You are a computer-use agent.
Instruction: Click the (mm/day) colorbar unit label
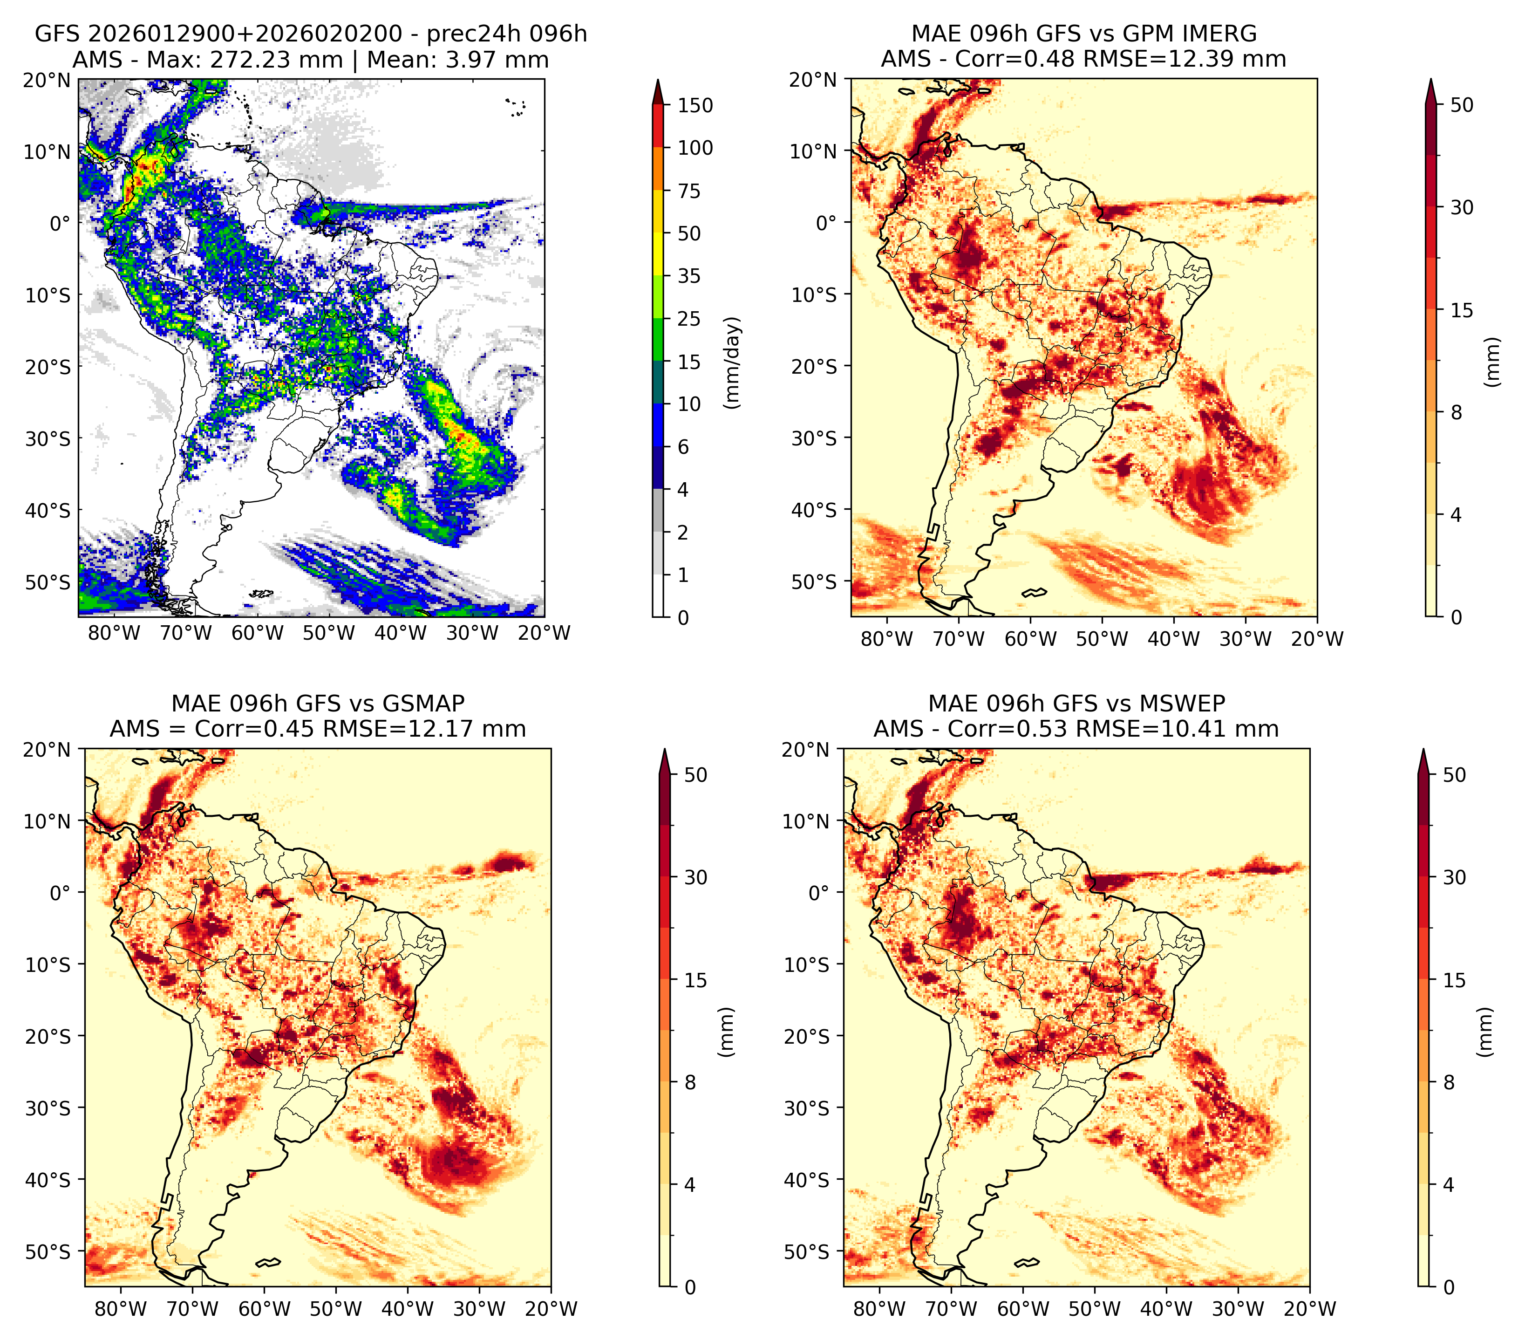[x=734, y=362]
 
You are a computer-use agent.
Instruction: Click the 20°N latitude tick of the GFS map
[x=46, y=80]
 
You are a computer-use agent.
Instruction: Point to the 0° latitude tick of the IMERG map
[x=826, y=222]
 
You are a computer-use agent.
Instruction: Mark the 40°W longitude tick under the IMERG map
[x=1174, y=639]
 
